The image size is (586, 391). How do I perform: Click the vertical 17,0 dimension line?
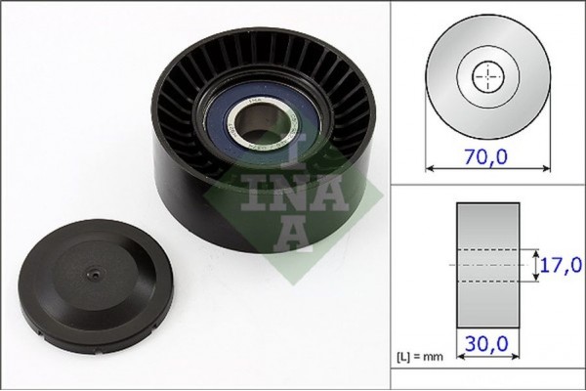(x=535, y=264)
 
